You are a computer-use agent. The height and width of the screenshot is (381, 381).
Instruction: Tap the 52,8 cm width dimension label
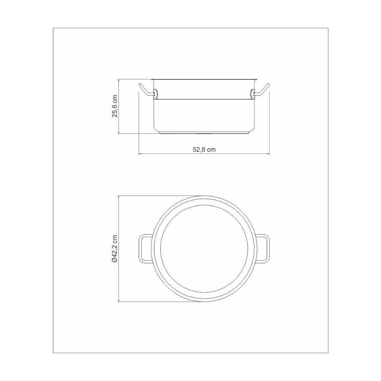point(204,149)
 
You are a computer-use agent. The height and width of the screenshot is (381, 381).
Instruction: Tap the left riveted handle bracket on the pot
point(155,93)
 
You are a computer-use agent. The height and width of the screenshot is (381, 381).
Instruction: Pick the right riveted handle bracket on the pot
point(253,93)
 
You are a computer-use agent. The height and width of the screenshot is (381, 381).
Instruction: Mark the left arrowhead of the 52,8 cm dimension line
point(140,154)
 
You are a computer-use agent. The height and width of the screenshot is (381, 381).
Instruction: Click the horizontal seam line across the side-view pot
point(204,99)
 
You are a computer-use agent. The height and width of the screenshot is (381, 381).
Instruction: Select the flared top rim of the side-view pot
point(204,80)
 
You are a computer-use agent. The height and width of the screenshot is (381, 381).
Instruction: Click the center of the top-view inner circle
point(204,249)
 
